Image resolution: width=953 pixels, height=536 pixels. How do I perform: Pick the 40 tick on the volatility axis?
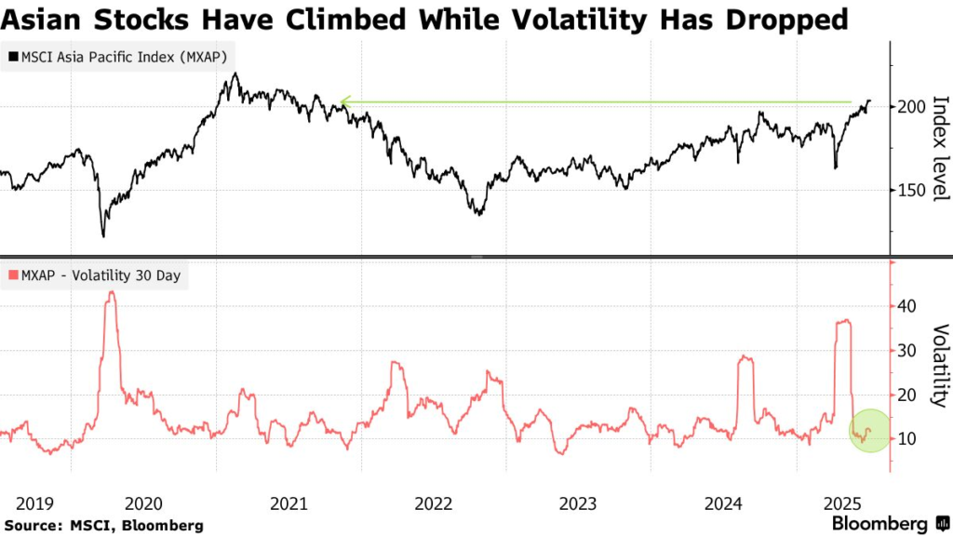(906, 306)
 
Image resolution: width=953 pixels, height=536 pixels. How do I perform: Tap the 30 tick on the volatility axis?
(906, 351)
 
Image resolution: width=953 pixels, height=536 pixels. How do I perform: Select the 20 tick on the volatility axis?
(906, 395)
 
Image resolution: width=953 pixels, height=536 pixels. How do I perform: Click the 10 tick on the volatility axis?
(906, 439)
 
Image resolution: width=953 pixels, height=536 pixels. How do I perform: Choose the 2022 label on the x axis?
(434, 503)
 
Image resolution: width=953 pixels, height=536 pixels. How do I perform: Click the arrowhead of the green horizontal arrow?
(343, 101)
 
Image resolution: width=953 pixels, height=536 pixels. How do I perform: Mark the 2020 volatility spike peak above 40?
(112, 293)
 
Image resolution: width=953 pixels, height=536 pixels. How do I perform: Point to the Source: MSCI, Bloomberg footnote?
(102, 526)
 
